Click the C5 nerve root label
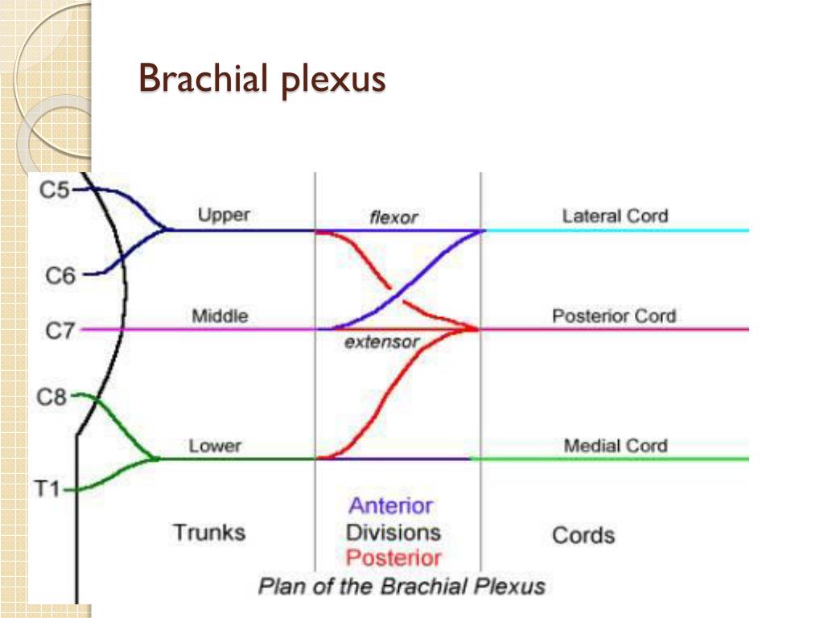click(x=55, y=191)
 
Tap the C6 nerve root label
click(x=60, y=276)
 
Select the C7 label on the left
click(x=60, y=329)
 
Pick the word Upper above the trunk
click(x=224, y=215)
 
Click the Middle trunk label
click(x=220, y=315)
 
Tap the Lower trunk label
click(x=215, y=446)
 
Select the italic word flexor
click(x=393, y=217)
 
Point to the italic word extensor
click(x=382, y=342)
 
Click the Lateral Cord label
click(x=615, y=216)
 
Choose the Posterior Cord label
click(x=614, y=315)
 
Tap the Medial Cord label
click(x=616, y=446)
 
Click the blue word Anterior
click(x=390, y=506)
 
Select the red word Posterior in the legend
click(x=393, y=558)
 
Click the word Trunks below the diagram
click(x=209, y=532)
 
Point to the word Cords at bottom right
click(x=583, y=535)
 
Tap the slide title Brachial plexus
click(x=262, y=80)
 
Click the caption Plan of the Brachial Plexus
click(x=402, y=586)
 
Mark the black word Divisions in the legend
click(x=393, y=532)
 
